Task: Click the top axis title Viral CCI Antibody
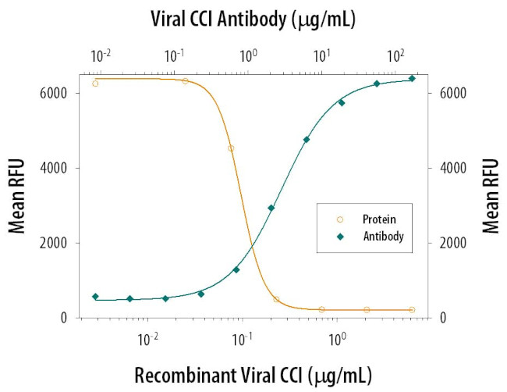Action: (x=253, y=20)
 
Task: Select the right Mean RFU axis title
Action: (x=489, y=196)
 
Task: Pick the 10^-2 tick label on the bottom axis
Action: (x=148, y=337)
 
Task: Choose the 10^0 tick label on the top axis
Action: (x=249, y=56)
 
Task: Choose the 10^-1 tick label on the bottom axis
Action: (x=243, y=337)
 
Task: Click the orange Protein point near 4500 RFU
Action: (x=231, y=148)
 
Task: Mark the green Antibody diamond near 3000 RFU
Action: (x=271, y=208)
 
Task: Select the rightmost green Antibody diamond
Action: (x=412, y=78)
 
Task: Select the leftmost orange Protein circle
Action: (x=96, y=83)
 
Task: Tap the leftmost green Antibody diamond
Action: (x=95, y=297)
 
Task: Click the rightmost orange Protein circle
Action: (x=412, y=310)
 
